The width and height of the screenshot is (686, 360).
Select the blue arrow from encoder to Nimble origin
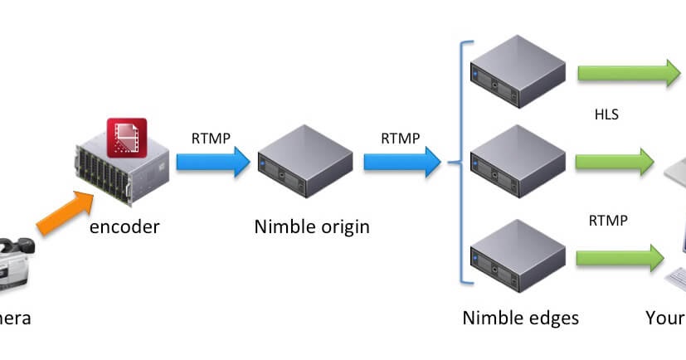[212, 161]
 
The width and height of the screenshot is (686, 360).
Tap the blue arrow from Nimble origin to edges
[401, 161]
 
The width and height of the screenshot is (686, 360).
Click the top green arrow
[629, 73]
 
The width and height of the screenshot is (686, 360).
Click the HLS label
[606, 114]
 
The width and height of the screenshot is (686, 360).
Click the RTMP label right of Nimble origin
[400, 137]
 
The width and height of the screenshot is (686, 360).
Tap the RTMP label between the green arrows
[608, 221]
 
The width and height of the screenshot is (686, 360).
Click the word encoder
[124, 225]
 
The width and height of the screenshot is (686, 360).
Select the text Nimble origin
[311, 226]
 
